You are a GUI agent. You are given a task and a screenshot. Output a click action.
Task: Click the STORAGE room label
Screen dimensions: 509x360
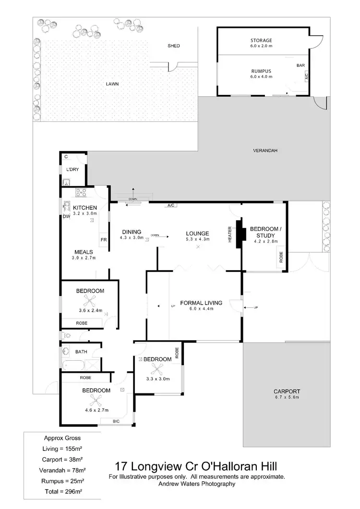(261, 40)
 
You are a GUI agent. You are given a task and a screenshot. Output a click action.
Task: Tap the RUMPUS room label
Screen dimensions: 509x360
(261, 70)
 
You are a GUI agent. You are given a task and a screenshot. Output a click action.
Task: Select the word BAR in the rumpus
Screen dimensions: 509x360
(301, 65)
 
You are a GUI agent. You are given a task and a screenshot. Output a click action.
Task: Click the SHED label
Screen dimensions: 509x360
(173, 46)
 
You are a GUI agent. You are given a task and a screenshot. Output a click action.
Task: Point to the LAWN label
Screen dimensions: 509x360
(112, 84)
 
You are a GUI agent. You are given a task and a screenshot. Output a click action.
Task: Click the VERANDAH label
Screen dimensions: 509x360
(265, 151)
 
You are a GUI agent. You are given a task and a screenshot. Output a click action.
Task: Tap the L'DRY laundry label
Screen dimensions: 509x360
(73, 170)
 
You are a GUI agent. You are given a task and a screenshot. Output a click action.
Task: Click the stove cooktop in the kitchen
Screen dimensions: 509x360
(80, 193)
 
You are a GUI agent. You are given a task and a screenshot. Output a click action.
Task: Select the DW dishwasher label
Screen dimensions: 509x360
(66, 216)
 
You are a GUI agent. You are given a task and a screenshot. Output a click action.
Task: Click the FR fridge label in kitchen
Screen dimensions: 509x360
(103, 238)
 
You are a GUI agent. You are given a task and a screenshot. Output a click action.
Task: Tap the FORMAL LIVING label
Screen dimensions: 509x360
(201, 303)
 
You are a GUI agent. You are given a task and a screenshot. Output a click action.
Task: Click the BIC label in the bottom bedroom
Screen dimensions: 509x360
(117, 421)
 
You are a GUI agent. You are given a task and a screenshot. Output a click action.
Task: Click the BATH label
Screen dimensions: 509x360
(81, 352)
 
